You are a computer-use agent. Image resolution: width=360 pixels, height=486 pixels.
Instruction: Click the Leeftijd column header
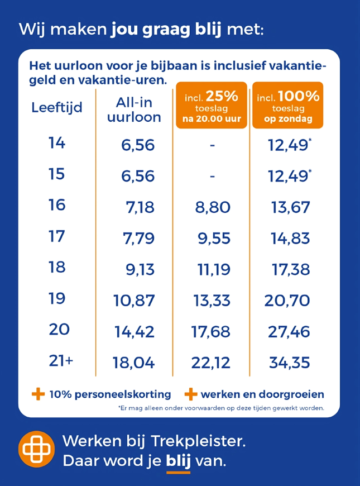coord(57,108)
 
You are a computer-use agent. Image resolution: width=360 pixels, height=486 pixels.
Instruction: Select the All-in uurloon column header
coord(134,110)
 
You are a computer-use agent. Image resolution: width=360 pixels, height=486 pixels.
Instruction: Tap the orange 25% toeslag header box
coord(212,105)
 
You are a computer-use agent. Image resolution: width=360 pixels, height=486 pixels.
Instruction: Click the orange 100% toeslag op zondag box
coord(288,105)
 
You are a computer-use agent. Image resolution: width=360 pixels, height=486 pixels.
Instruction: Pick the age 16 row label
coord(57,205)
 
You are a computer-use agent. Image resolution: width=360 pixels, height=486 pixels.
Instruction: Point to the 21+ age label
coord(61,360)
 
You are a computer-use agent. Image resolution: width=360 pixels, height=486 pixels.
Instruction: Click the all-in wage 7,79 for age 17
coord(139,239)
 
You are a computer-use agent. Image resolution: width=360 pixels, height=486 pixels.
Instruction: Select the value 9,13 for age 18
coord(140,269)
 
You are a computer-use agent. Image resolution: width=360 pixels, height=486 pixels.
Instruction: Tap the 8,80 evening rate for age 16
coord(213,207)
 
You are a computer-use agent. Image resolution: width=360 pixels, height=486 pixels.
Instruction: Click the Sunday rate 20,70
coord(287,301)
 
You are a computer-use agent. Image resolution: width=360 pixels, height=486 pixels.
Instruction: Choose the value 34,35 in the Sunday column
coord(290,363)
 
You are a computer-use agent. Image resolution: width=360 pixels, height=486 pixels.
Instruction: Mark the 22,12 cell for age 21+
coord(211,363)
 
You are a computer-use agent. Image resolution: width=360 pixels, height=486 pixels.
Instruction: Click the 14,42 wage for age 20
coord(135,332)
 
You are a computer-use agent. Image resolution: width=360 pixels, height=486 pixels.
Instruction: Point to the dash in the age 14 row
coord(212,145)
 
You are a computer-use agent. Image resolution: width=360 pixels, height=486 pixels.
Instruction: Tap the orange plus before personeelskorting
coord(38,394)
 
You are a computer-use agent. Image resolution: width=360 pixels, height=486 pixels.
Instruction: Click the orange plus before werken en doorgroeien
coord(191,394)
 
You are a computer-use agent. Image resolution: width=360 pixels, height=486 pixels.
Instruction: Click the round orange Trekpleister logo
coord(36,449)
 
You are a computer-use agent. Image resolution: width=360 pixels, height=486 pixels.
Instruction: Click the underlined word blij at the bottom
coord(179,461)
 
